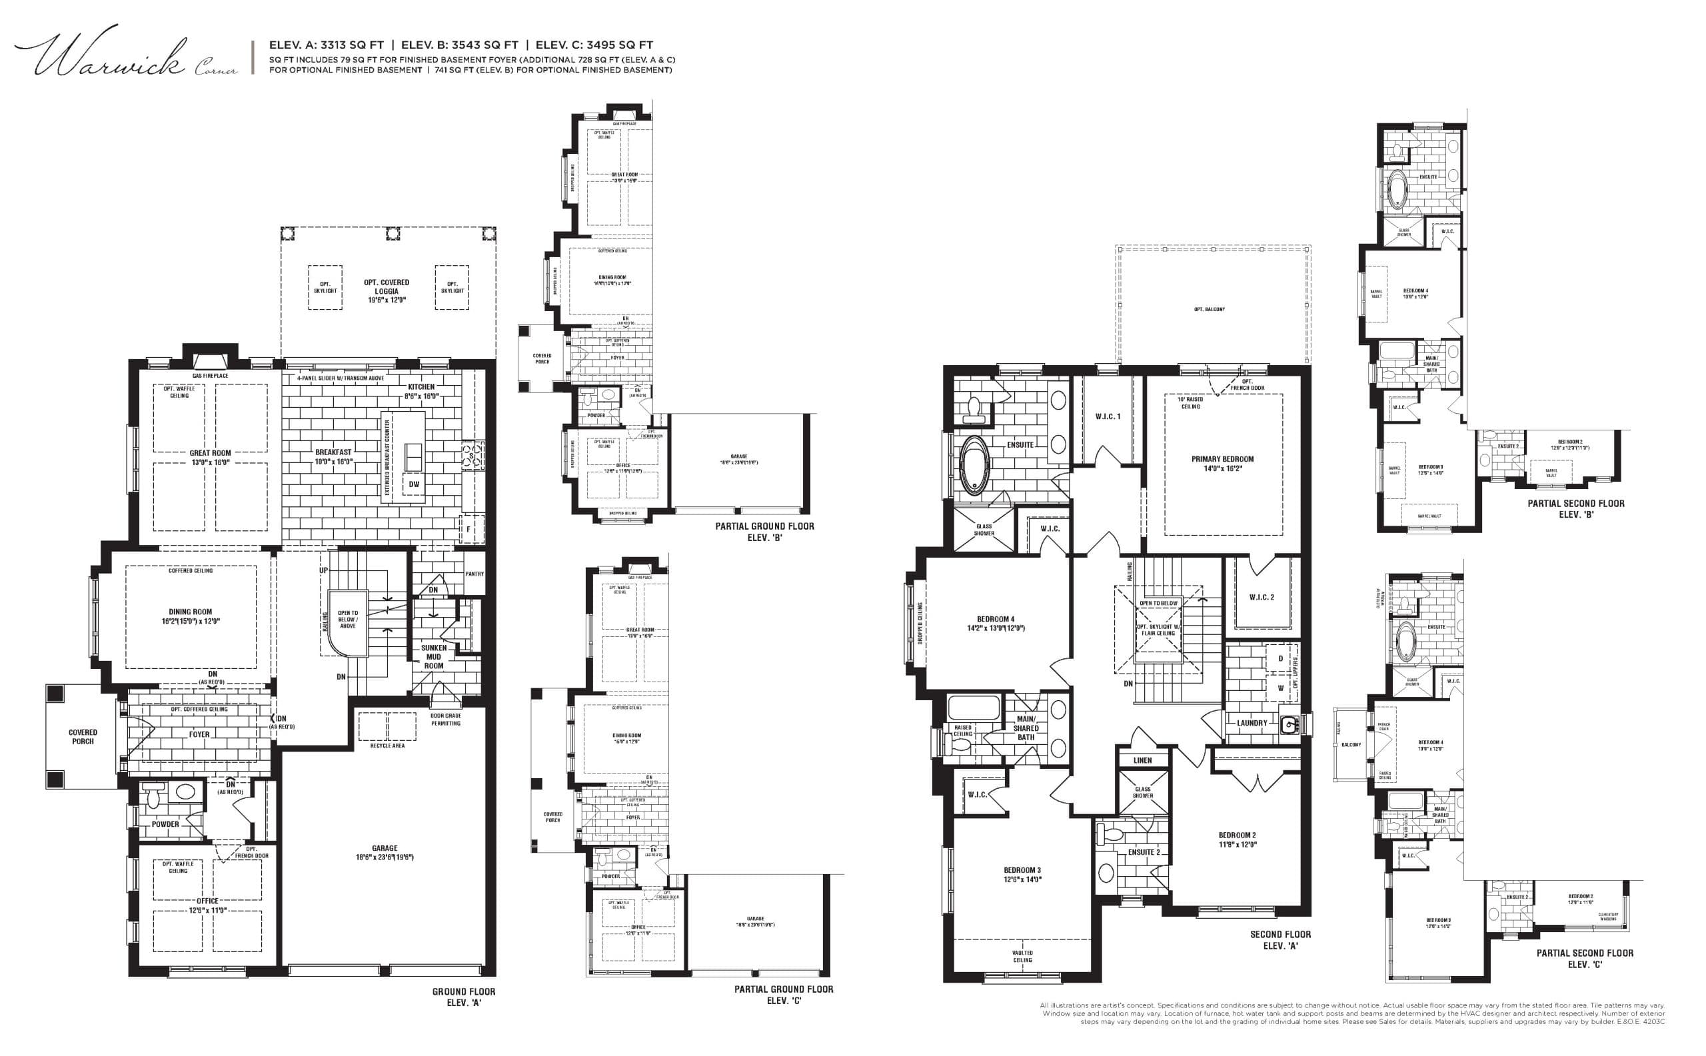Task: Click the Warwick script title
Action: (112, 56)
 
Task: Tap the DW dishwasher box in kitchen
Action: (414, 484)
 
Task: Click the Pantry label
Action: (474, 574)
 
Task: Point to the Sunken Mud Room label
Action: (434, 656)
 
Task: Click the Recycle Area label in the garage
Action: (387, 746)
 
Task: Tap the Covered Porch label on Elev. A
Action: (83, 737)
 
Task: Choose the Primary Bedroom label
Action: (1222, 464)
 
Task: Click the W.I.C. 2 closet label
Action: (1262, 597)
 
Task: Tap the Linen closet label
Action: (1143, 761)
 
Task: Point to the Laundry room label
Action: (1252, 723)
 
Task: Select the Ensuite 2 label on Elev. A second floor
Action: (1144, 852)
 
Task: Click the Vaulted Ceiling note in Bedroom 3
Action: (1022, 956)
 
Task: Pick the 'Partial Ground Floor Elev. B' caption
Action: (764, 531)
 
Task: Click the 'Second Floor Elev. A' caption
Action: (1281, 940)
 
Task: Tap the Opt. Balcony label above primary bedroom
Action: (1210, 309)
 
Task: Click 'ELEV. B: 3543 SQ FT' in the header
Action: (460, 45)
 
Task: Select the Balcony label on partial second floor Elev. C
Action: (1351, 744)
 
